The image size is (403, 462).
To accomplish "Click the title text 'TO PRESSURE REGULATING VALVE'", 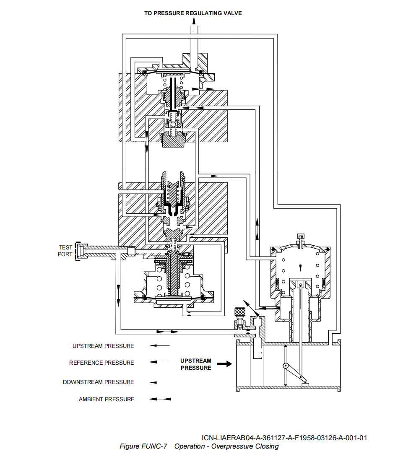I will point(193,13).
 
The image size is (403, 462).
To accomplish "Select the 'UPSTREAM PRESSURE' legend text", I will point(103,346).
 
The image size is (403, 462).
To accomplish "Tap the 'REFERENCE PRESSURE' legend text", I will point(101,363).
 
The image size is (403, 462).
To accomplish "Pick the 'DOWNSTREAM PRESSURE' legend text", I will point(99,382).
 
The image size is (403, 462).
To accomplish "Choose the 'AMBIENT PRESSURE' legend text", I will point(107,399).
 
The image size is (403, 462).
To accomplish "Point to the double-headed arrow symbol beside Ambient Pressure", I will point(160,399).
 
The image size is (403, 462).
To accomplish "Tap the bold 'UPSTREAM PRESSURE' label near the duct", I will point(196,364).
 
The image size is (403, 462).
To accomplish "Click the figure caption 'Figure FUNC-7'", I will point(143,446).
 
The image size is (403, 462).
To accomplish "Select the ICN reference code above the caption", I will point(284,438).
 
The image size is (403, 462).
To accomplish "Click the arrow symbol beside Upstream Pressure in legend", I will point(160,345).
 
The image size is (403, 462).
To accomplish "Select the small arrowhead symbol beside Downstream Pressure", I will point(154,382).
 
